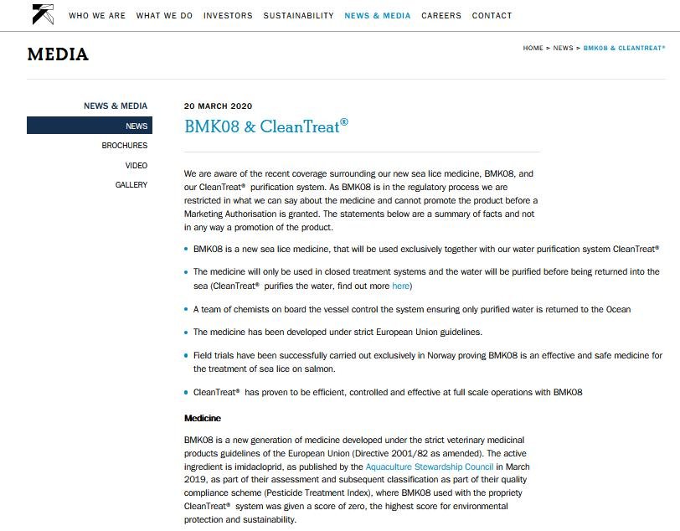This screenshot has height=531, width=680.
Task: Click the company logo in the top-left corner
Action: point(43,14)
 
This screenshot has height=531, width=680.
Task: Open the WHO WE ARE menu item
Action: point(97,16)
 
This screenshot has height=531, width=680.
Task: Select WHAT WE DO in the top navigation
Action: point(164,16)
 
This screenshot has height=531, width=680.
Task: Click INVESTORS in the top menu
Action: point(228,16)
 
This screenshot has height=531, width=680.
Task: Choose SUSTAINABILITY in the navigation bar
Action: point(298,16)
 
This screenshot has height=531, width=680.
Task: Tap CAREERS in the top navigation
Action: point(441,16)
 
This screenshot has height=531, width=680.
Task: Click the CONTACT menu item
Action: point(492,16)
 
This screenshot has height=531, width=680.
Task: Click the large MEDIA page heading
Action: point(58,55)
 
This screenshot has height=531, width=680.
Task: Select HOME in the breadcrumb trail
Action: point(533,49)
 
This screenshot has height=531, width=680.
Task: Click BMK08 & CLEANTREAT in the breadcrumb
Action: point(624,49)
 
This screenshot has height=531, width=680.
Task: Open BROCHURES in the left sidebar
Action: point(125,146)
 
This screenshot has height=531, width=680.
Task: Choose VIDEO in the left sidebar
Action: point(137,166)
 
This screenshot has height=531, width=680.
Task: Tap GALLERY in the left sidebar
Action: point(131,185)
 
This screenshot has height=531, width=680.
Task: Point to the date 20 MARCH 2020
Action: point(218,106)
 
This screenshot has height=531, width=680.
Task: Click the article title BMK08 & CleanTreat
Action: point(265,127)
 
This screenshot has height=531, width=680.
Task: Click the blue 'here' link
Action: point(400,286)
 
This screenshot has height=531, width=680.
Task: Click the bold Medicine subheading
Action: point(203,418)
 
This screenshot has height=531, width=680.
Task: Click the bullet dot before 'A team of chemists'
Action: point(186,309)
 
